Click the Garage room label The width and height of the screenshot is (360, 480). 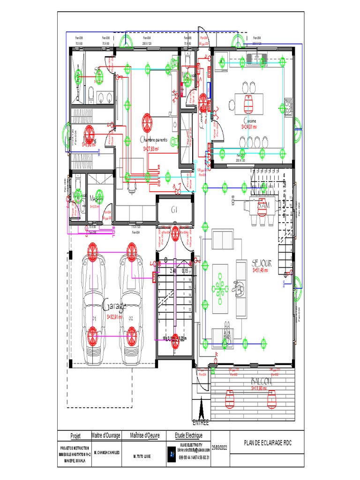coord(114,306)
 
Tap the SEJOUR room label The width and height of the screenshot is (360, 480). coord(262,263)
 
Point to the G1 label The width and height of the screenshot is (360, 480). coord(174,209)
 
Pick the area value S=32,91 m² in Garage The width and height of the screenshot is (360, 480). coord(114,317)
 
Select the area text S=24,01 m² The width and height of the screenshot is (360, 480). coord(253,127)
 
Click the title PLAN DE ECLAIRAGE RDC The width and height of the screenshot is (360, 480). coord(268,443)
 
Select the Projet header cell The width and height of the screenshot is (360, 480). coord(75,435)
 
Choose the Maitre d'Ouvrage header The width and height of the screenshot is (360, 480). coord(106,435)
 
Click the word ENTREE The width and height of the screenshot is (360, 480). coord(201,423)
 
